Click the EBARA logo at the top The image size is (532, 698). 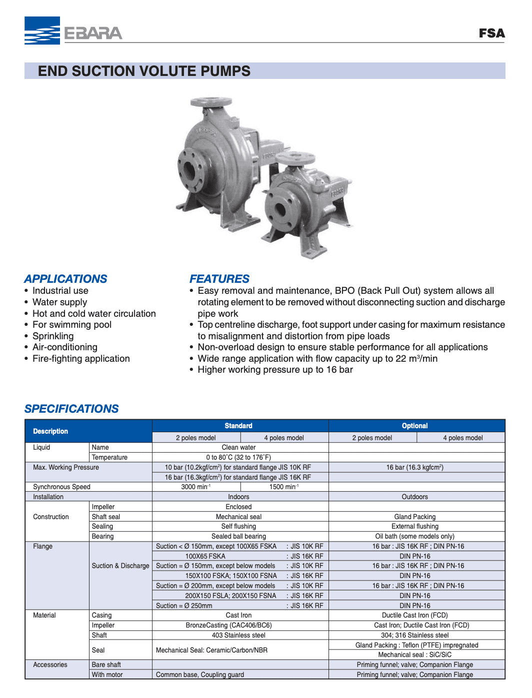tap(73, 31)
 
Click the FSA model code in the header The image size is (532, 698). tap(491, 33)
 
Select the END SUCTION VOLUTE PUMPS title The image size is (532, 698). tap(144, 71)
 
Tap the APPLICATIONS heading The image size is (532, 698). tap(65, 279)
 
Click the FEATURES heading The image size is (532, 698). tap(219, 279)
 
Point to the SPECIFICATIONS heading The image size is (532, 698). tap(71, 409)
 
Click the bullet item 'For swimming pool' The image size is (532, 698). tap(72, 325)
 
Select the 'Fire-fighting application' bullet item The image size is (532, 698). tap(81, 359)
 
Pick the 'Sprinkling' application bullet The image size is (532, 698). tap(53, 336)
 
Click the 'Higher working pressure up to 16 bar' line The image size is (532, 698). tap(275, 370)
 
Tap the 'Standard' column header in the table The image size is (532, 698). tap(238, 426)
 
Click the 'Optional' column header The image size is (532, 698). tap(414, 426)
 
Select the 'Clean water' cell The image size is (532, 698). tap(238, 448)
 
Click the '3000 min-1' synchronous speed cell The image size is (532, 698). tap(195, 487)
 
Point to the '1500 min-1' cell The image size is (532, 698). tap(283, 487)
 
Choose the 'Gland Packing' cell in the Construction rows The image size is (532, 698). tap(414, 517)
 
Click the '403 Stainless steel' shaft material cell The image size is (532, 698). tap(238, 636)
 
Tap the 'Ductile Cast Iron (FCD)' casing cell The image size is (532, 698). tap(414, 616)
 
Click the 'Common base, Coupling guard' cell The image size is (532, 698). tap(200, 675)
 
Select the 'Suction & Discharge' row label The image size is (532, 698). tap(120, 566)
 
